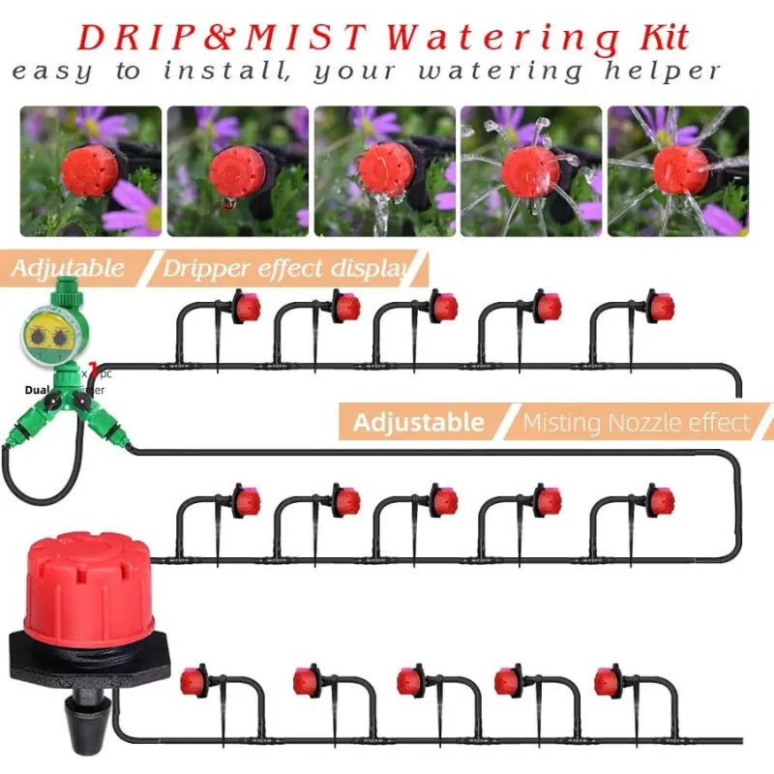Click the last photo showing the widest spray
pos(678,171)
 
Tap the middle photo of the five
pos(384,171)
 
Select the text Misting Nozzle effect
pos(636,423)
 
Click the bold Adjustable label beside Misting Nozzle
pos(418,423)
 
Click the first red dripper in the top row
pos(248,309)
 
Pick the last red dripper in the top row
pos(661,309)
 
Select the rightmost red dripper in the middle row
pos(661,502)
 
